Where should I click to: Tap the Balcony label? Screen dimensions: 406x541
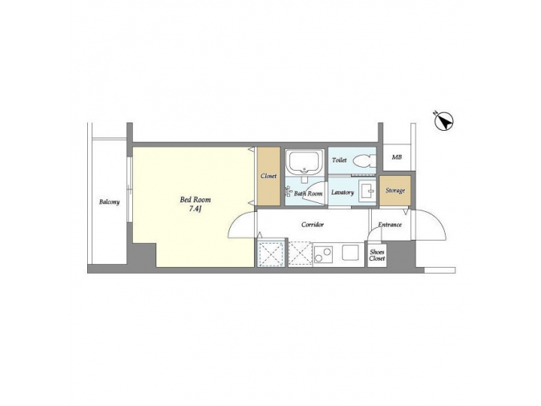[x=109, y=201]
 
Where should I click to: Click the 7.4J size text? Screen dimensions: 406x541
[x=195, y=209]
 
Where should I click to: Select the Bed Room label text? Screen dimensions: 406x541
[x=195, y=199]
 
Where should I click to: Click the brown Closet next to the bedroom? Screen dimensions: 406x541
[x=268, y=176]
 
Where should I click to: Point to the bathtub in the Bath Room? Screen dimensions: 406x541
[x=304, y=162]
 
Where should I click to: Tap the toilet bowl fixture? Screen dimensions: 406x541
[x=363, y=160]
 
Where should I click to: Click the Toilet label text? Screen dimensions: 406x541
[x=339, y=160]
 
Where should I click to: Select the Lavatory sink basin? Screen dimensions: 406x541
[x=366, y=191]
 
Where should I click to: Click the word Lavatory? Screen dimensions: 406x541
[x=342, y=192]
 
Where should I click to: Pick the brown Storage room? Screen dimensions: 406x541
[x=395, y=190]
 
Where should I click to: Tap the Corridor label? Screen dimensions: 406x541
[x=313, y=224]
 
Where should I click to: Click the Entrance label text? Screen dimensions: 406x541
[x=390, y=224]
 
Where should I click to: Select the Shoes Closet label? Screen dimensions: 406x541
[x=377, y=255]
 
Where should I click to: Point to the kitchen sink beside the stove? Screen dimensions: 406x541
[x=351, y=252]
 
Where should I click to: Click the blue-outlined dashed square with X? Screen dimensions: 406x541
[x=270, y=253]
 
